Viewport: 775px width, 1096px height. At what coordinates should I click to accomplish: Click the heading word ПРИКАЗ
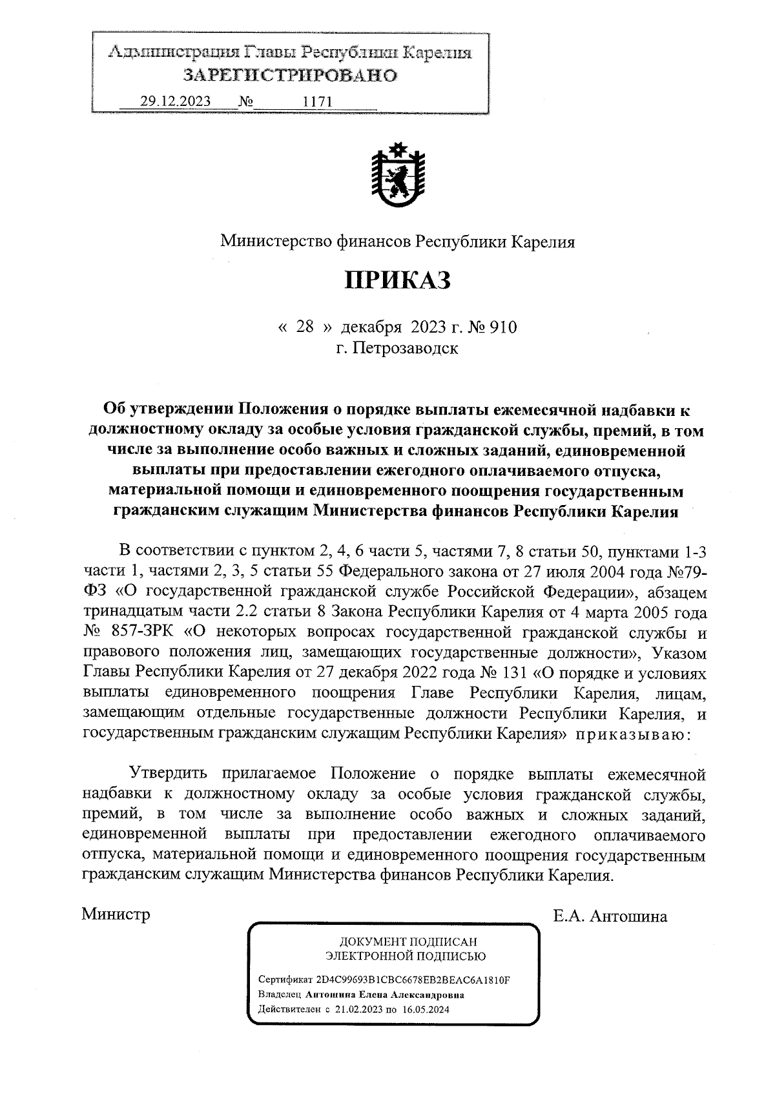[397, 280]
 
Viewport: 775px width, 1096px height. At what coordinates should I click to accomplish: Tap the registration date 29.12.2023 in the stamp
[171, 101]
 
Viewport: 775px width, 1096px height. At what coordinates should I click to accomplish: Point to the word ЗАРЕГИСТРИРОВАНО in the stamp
[290, 76]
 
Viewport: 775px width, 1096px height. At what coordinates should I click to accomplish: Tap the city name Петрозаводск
[397, 349]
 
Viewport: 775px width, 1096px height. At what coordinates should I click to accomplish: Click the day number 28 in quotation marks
[305, 327]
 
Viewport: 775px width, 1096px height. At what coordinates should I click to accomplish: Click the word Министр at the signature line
[116, 915]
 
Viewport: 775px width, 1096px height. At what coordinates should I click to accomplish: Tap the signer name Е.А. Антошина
[610, 916]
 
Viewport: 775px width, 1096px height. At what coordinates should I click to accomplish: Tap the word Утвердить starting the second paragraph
[168, 773]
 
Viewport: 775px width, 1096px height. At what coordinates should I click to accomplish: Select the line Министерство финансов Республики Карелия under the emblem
[397, 242]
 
